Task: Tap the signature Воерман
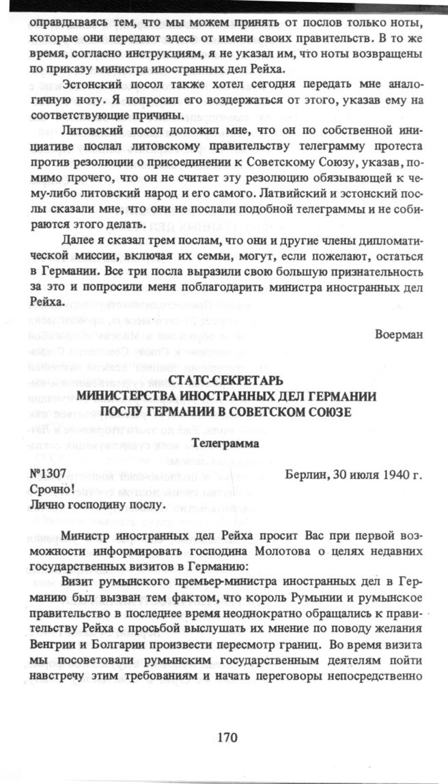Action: [398, 335]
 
